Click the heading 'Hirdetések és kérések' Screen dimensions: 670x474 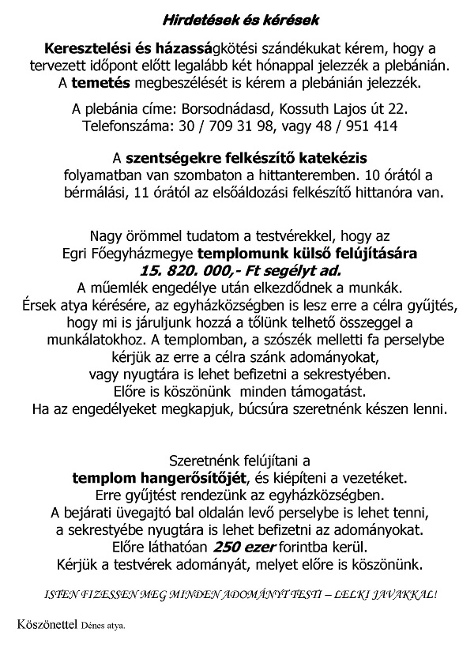(x=238, y=17)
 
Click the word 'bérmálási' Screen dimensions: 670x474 (x=90, y=193)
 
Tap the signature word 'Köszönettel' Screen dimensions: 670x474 (x=46, y=625)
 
